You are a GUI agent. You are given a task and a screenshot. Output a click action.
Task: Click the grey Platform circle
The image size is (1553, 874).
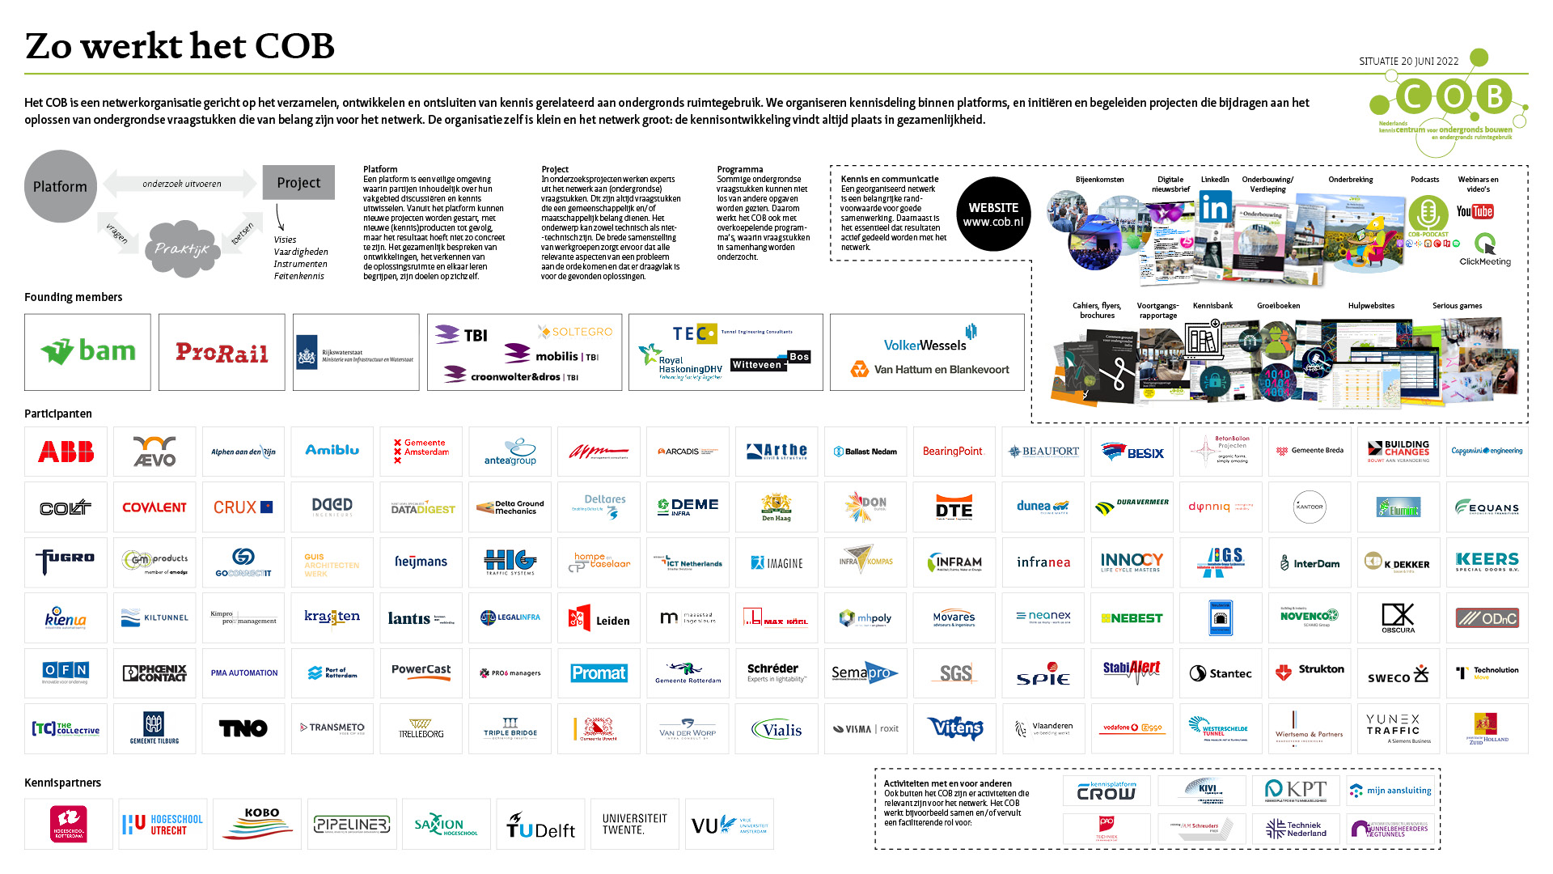click(61, 186)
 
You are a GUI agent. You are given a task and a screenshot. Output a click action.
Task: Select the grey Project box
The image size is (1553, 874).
click(298, 183)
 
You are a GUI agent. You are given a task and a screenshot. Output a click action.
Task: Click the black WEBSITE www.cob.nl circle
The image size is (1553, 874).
click(993, 214)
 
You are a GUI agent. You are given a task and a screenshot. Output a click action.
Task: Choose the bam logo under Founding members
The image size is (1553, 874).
click(88, 352)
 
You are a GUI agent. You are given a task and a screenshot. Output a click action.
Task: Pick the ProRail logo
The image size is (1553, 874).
click(222, 353)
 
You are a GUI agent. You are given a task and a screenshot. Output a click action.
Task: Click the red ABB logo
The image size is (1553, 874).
click(66, 452)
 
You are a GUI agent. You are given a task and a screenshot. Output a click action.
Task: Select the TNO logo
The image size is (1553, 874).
click(243, 728)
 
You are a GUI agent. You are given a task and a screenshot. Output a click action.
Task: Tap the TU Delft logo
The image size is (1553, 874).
click(541, 825)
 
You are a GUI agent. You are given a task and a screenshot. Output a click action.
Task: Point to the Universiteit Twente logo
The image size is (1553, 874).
click(635, 824)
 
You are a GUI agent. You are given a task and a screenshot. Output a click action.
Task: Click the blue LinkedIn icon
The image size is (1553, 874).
click(1214, 208)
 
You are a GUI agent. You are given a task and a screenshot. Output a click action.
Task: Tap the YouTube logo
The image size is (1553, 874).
click(1475, 212)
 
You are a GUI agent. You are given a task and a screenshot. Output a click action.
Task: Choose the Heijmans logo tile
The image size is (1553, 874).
click(421, 562)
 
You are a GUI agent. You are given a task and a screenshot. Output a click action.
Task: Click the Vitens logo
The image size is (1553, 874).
click(954, 728)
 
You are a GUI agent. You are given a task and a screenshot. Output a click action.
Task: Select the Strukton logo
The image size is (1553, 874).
click(1310, 672)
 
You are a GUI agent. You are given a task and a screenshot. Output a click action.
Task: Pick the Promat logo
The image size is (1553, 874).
click(599, 673)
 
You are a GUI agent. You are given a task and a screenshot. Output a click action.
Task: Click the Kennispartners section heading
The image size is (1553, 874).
click(62, 783)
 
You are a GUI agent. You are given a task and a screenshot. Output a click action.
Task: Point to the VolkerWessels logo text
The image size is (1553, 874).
click(925, 346)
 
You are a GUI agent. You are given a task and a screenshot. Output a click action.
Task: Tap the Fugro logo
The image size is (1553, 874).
click(66, 560)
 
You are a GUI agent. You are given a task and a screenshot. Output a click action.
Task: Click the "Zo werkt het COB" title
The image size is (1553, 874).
click(180, 46)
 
